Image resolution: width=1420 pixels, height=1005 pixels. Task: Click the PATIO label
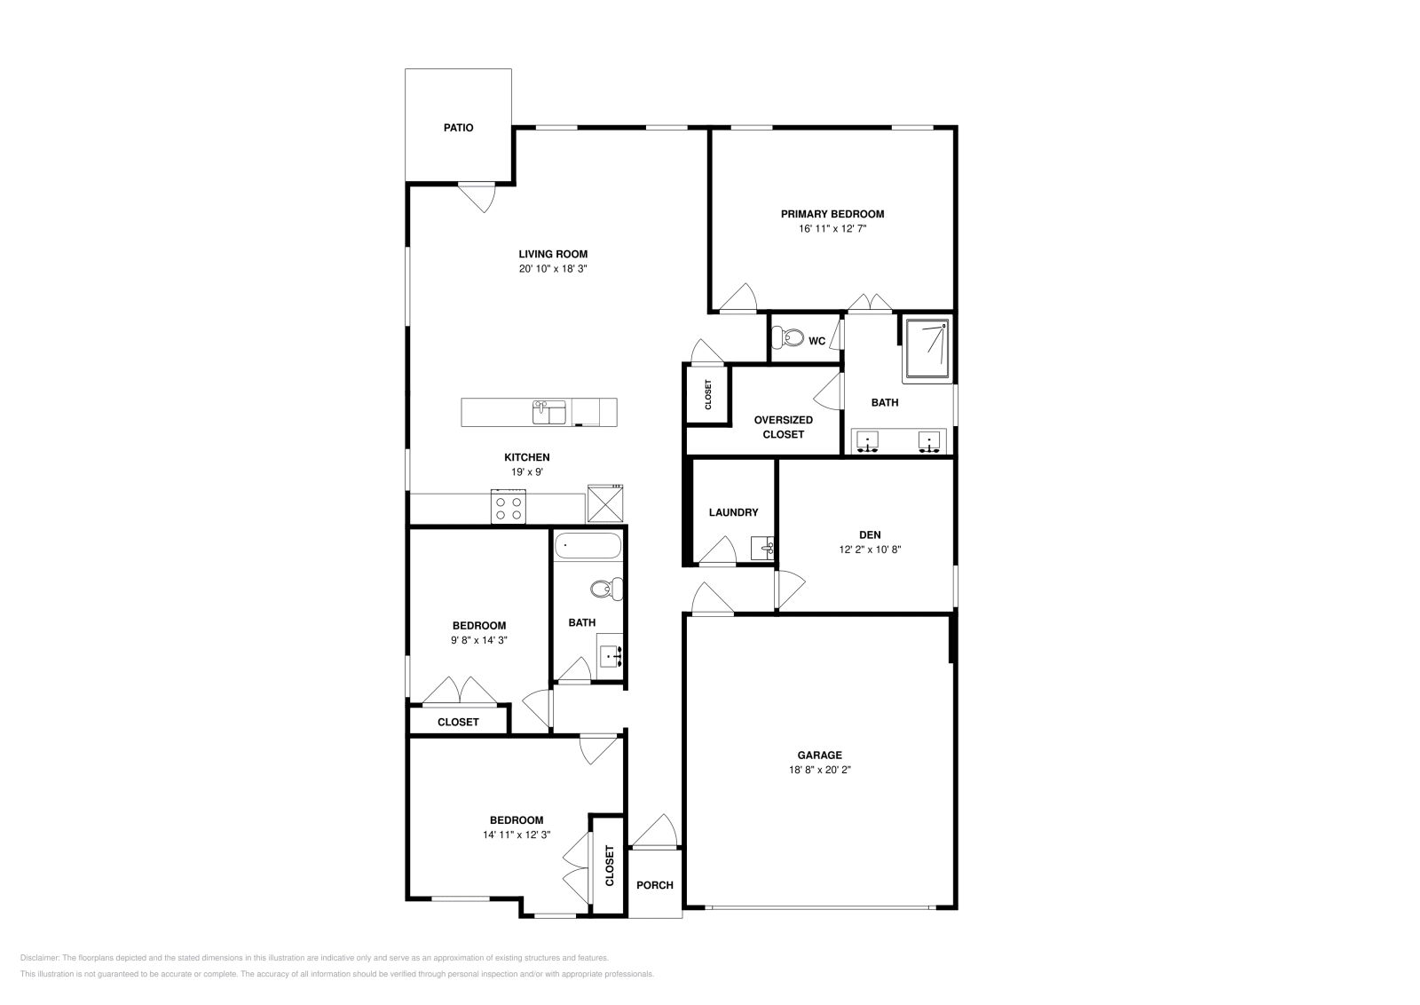tap(458, 128)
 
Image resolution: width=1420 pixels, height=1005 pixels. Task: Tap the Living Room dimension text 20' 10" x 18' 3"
tap(553, 268)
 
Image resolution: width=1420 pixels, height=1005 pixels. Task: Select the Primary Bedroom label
tap(832, 214)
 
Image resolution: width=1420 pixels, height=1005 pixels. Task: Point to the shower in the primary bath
tap(927, 350)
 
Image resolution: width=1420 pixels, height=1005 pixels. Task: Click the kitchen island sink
tap(548, 413)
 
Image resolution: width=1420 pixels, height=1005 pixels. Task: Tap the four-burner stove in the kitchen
tap(509, 508)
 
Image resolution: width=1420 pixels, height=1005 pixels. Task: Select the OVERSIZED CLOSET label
tap(783, 427)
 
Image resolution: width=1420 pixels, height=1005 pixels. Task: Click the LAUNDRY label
tap(733, 512)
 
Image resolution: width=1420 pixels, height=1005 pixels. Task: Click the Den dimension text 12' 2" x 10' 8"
tap(870, 550)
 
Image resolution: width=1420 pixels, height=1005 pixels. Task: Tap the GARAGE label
tap(819, 756)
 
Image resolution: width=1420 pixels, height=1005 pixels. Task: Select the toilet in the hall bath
tap(608, 588)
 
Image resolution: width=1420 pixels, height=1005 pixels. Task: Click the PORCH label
tap(655, 885)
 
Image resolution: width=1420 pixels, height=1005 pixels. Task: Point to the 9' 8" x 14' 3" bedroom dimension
tap(478, 640)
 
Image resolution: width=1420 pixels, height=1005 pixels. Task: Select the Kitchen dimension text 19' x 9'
tap(526, 472)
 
